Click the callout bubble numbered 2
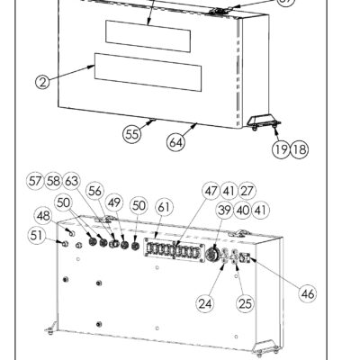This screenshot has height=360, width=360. point(43,82)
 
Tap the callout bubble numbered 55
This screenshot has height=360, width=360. point(131,134)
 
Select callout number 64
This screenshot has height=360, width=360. point(175,142)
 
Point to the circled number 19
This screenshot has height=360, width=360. point(281,148)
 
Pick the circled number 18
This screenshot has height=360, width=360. point(300,148)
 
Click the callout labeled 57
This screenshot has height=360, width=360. point(35,181)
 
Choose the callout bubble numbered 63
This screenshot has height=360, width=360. point(71,181)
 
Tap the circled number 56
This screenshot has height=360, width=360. point(95,191)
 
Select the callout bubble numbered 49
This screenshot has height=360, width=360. point(114,202)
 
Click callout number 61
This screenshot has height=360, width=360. point(164,207)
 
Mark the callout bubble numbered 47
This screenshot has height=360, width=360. point(211,191)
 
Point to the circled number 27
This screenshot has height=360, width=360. point(247,191)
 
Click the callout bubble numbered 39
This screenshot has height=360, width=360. point(225,210)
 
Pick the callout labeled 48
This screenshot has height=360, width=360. point(44,216)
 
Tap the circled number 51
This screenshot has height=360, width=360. point(37,236)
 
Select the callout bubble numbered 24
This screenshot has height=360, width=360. point(205,303)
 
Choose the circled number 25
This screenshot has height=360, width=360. point(245,303)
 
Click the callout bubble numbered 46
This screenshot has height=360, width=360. point(308,293)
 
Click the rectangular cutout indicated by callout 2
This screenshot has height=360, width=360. point(148,72)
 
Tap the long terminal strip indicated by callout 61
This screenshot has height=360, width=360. point(174,249)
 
